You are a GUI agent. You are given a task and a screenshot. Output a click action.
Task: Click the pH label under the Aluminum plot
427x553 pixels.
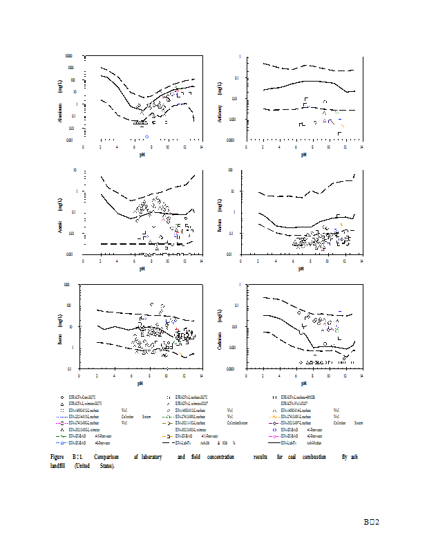coord(142,154)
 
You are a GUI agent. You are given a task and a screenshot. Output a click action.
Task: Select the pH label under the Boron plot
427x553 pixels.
coord(140,382)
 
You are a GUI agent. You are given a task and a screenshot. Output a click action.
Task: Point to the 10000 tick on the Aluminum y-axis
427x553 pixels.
coord(69,56)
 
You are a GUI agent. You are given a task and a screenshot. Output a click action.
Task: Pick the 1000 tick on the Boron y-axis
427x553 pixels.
coord(68,284)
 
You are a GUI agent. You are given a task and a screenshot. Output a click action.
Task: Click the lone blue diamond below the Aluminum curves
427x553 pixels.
coord(146,136)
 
